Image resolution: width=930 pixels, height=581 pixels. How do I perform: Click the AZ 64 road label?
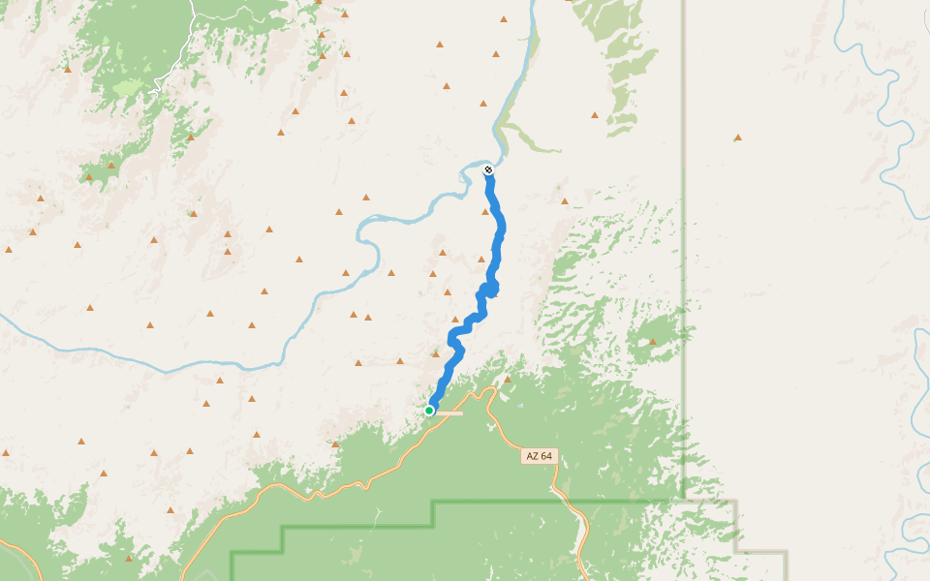(540, 456)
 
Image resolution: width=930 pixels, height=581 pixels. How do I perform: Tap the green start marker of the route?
(429, 411)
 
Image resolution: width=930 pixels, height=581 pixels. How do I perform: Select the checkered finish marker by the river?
(488, 170)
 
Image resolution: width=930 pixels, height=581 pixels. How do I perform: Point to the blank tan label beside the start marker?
(449, 413)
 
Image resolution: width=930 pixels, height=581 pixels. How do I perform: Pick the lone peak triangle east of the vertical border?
(738, 138)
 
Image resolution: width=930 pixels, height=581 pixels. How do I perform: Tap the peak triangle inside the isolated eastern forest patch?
(653, 341)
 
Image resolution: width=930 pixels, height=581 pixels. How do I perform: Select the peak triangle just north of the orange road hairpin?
(507, 379)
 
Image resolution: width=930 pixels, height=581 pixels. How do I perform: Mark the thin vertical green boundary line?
(683, 290)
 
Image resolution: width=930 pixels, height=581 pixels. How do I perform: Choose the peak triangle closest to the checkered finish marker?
(483, 104)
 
